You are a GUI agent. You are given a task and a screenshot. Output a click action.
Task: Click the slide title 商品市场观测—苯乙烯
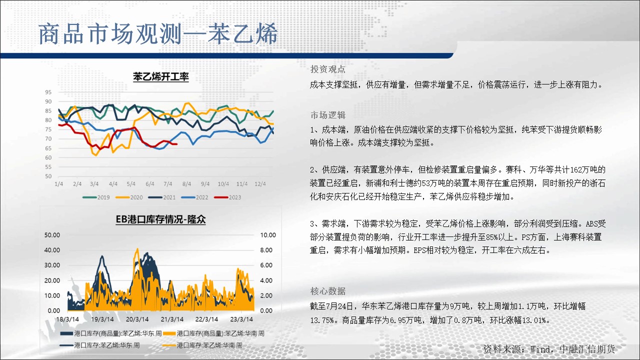click(x=158, y=34)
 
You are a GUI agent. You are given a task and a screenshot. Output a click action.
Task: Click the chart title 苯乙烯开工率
click(x=161, y=76)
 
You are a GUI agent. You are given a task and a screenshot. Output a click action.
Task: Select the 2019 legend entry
click(x=96, y=197)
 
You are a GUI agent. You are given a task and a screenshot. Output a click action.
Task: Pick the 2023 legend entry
click(x=227, y=197)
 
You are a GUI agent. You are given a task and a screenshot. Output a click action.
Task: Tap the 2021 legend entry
click(x=161, y=197)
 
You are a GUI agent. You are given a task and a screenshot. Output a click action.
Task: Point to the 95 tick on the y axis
click(x=48, y=92)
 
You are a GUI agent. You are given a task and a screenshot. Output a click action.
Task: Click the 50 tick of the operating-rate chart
click(x=48, y=176)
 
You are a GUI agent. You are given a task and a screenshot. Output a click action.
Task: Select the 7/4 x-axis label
click(x=167, y=184)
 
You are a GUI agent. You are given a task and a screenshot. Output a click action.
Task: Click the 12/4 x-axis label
click(x=260, y=184)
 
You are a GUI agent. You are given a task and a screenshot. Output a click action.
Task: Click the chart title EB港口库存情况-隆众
click(x=160, y=219)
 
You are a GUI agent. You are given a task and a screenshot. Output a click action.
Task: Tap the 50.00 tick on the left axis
click(x=52, y=235)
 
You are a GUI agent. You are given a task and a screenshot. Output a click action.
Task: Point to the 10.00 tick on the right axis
click(x=268, y=235)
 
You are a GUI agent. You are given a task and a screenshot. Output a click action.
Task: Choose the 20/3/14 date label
click(x=137, y=319)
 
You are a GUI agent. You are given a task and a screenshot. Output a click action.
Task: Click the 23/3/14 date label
click(x=241, y=319)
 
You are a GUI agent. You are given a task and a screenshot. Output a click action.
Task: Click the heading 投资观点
click(x=327, y=69)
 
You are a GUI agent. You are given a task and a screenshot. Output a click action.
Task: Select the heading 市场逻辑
click(x=327, y=115)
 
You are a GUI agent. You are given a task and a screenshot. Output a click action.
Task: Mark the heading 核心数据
click(x=327, y=291)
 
